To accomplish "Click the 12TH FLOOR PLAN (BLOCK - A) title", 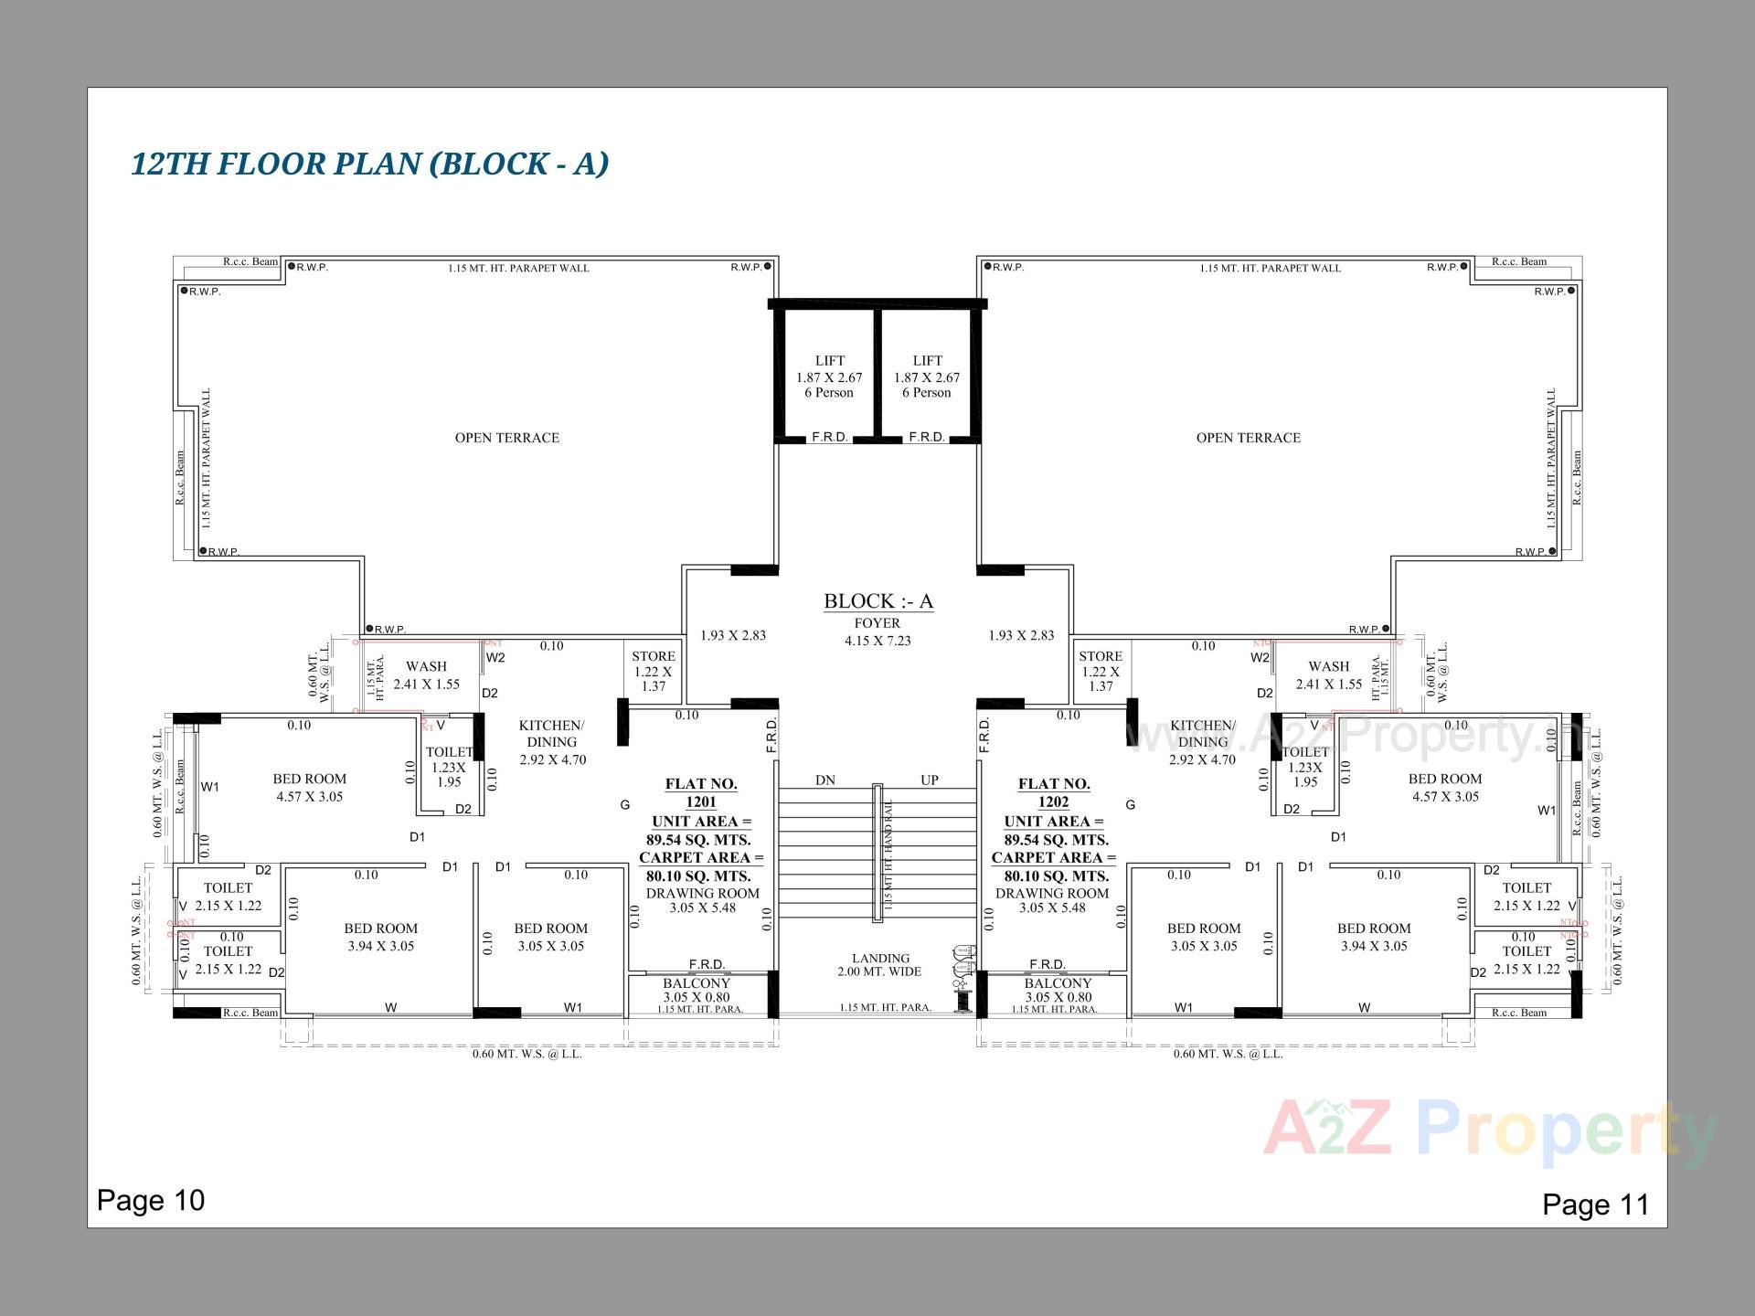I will (x=370, y=164).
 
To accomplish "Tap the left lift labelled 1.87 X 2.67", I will (x=829, y=377).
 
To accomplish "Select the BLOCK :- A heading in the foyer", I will (x=878, y=601).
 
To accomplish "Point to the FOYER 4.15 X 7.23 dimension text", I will (x=877, y=632).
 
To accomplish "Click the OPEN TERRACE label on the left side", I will (x=507, y=438).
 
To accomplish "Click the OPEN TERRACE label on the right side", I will (x=1248, y=438).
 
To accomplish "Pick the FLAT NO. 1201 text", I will (x=701, y=792).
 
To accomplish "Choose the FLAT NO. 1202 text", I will (x=1054, y=792).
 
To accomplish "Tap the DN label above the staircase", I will (x=825, y=780).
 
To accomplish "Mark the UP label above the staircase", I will (x=930, y=780).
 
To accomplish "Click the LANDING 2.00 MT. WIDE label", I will (x=880, y=965).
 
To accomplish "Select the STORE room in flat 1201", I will (x=654, y=671).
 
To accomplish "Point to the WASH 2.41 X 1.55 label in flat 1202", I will (x=1328, y=675).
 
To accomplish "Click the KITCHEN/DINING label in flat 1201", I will (x=552, y=742).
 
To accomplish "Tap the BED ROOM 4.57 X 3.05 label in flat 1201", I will (x=310, y=788).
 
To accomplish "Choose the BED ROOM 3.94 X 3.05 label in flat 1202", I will (x=1374, y=937).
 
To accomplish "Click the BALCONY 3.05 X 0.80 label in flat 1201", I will (x=697, y=991).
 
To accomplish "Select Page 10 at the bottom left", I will (x=151, y=1200).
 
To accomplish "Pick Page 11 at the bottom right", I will (x=1595, y=1205).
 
